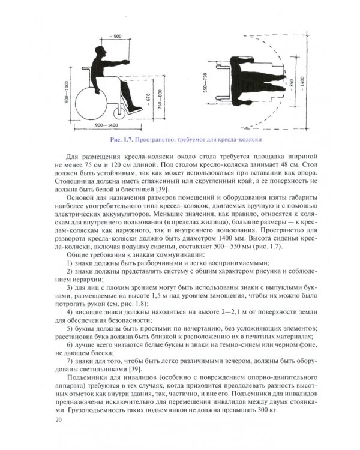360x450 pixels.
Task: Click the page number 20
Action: [58, 422]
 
